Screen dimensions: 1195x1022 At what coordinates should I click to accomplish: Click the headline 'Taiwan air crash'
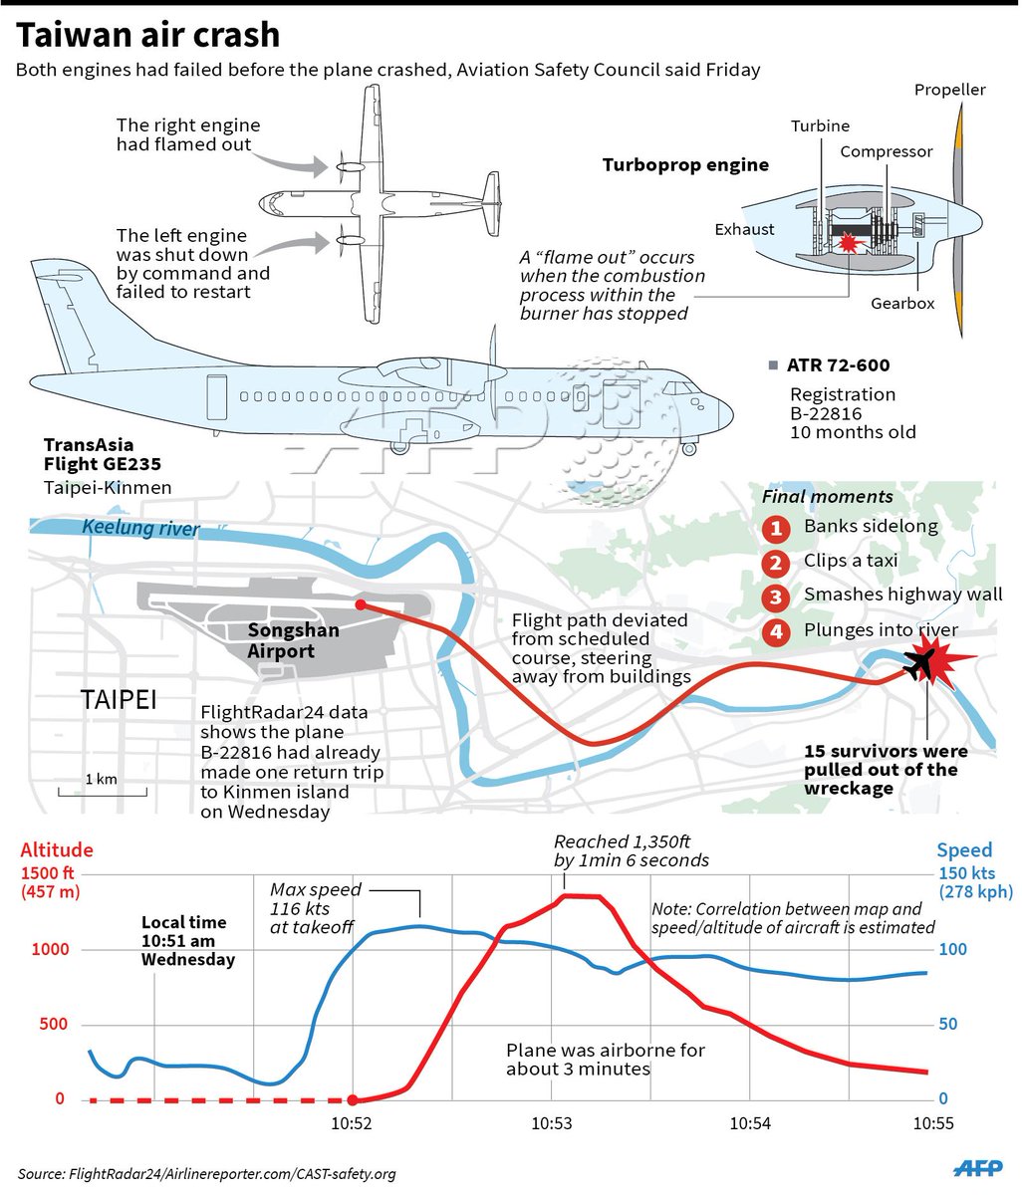click(x=149, y=35)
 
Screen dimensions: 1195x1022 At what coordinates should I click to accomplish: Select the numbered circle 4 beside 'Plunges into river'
click(x=777, y=631)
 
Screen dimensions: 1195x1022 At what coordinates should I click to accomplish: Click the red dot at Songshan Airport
click(x=360, y=604)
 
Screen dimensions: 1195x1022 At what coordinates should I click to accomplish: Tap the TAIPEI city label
click(x=119, y=699)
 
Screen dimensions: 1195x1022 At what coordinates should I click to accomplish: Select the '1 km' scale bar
click(x=102, y=792)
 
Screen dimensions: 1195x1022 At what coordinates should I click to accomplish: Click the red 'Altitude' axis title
click(x=57, y=849)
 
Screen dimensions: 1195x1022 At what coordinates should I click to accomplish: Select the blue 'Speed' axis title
click(x=964, y=849)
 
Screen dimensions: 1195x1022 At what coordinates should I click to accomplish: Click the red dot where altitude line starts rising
click(x=353, y=1100)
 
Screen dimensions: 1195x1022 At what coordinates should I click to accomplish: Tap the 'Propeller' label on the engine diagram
click(x=949, y=90)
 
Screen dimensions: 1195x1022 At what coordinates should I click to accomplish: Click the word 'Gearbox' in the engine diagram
click(x=902, y=303)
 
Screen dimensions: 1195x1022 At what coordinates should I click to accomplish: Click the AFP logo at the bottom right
click(x=978, y=1168)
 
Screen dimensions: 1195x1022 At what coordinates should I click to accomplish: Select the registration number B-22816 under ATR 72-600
click(x=826, y=413)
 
